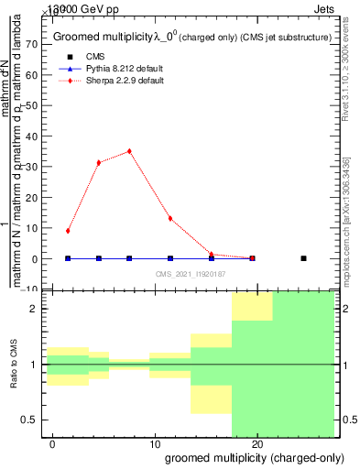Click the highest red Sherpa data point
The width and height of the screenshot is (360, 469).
[x=129, y=151]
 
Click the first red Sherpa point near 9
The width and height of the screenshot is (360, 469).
[x=68, y=231]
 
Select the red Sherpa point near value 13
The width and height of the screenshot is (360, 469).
[x=170, y=218]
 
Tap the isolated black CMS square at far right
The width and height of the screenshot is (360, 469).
[x=303, y=258]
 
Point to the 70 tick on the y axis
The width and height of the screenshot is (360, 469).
[x=30, y=44]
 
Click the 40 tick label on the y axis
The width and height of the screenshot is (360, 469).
[x=30, y=136]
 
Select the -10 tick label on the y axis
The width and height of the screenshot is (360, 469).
[x=28, y=289]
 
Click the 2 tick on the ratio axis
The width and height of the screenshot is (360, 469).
[x=31, y=309]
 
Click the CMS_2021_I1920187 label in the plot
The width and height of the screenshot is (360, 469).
[x=191, y=275]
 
